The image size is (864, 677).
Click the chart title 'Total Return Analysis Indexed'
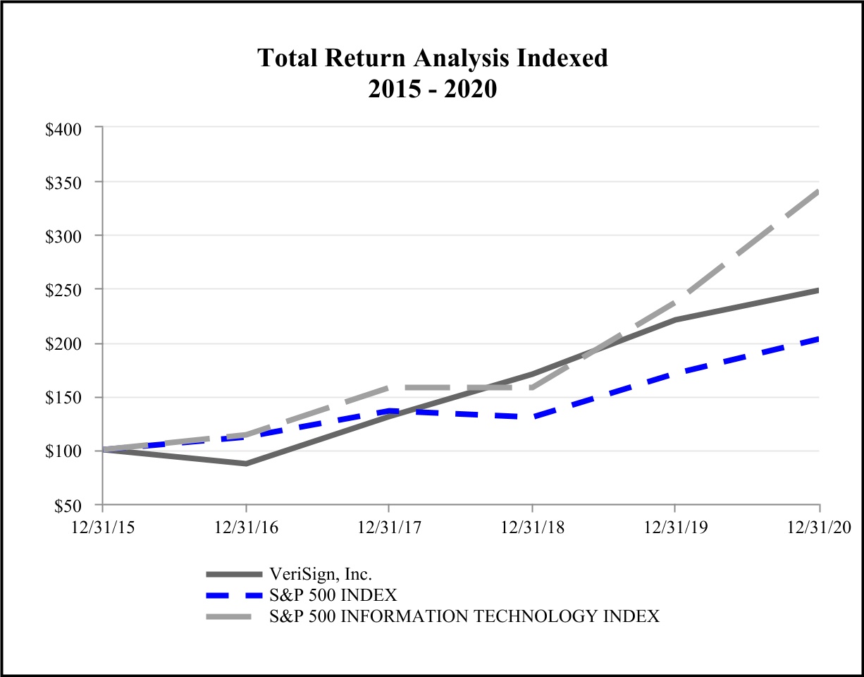[x=432, y=58]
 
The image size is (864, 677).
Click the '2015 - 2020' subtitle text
[x=432, y=90]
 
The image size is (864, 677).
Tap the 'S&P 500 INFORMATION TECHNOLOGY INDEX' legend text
[x=464, y=616]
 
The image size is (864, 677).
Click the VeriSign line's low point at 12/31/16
[x=246, y=464]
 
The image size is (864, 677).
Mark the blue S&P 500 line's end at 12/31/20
[x=818, y=339]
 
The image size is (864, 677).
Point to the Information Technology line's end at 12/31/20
[x=818, y=191]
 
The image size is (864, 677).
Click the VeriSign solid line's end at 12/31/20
[x=818, y=290]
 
